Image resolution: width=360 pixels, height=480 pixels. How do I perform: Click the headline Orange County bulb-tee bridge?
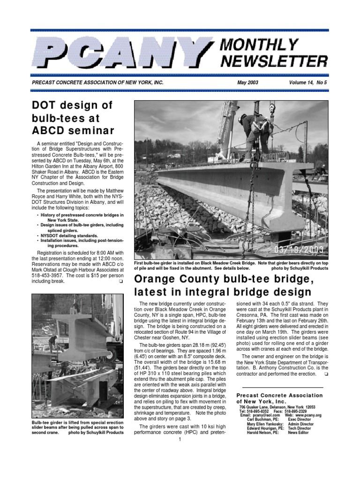click(x=224, y=280)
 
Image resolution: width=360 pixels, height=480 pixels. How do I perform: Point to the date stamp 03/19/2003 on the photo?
click(x=298, y=250)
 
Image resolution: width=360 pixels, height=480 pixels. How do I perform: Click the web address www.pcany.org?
click(x=308, y=415)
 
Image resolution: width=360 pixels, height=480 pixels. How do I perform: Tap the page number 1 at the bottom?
click(x=180, y=439)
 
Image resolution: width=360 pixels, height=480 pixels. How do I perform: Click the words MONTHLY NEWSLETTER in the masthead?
click(x=273, y=52)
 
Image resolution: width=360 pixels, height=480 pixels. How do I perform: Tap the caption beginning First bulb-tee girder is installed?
click(x=231, y=266)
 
